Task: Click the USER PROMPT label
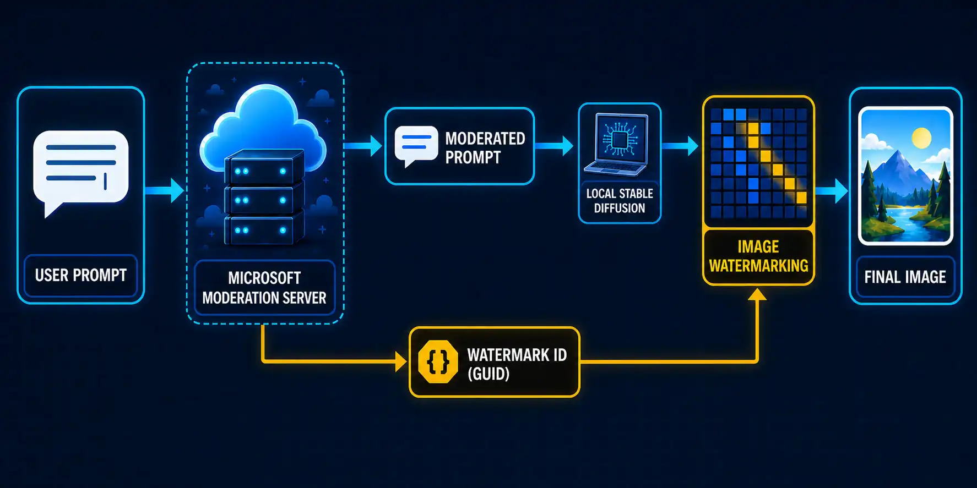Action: coord(81,275)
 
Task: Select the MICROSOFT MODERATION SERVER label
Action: coord(264,288)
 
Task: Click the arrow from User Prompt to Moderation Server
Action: coord(165,190)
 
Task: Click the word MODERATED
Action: coord(485,138)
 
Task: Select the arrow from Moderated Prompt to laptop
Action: coord(554,146)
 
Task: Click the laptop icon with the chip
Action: coord(620,145)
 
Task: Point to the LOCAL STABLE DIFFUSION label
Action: coord(620,201)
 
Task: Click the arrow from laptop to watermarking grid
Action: coord(680,146)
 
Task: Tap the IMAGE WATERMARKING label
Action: coord(758,256)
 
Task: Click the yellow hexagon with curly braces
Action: coord(438,361)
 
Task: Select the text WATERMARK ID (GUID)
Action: coord(517,364)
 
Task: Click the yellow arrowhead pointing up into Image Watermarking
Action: coord(758,295)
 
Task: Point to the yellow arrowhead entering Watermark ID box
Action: coord(401,361)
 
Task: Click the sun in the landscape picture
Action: coord(921,137)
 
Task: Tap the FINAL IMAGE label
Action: coord(905,277)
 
